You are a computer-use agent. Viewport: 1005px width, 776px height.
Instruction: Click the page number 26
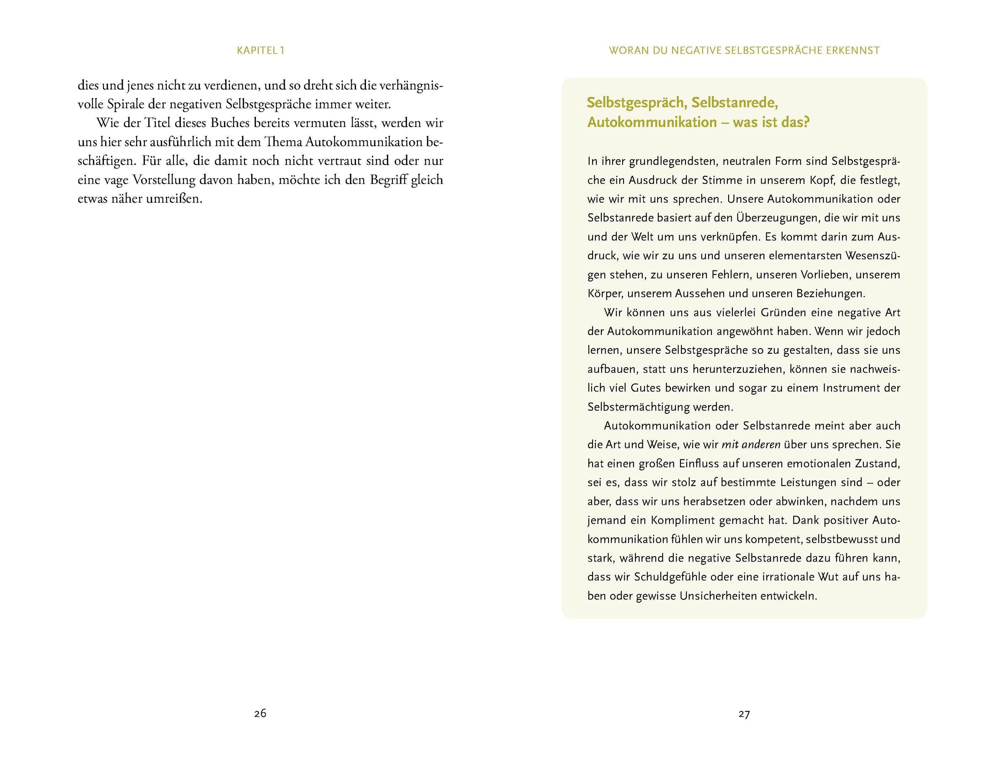point(260,714)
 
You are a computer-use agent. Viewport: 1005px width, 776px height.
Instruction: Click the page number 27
point(744,714)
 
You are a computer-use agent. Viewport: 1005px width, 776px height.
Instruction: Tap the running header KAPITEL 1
point(260,51)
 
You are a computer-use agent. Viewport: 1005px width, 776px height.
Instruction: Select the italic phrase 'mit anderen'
point(750,445)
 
